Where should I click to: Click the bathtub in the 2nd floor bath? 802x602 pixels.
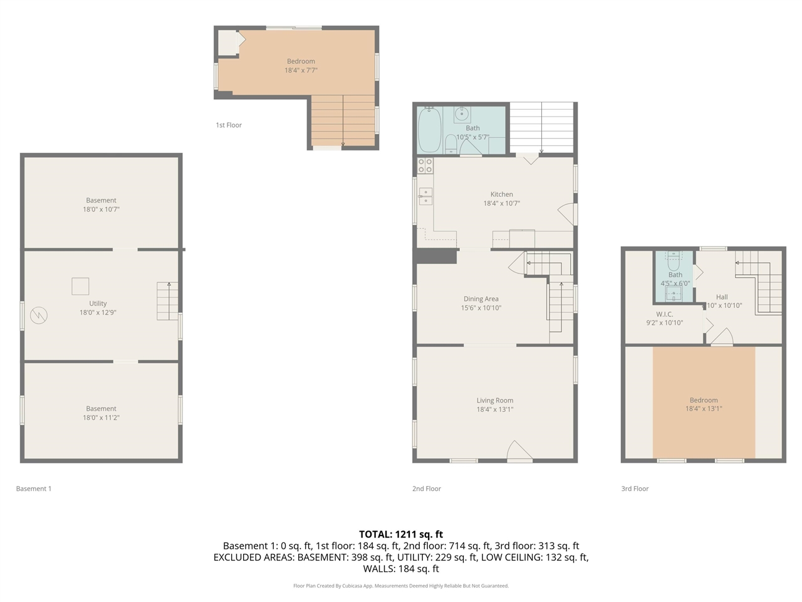point(429,130)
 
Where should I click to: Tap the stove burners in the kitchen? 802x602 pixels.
point(425,166)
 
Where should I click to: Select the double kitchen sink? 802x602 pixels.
point(425,196)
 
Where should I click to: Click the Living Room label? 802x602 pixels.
point(494,400)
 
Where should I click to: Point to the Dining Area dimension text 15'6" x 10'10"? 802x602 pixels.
point(481,308)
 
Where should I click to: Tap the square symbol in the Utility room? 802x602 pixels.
point(80,286)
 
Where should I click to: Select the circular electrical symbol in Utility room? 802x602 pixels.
point(39,315)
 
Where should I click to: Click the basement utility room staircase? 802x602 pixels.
point(167,301)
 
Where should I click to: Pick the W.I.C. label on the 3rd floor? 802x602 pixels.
point(664,314)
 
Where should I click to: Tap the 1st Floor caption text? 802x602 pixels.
point(229,125)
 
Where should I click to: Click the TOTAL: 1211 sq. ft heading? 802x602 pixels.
point(401,534)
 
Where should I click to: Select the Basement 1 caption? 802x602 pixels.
point(34,488)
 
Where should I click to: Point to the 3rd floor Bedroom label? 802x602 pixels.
point(704,400)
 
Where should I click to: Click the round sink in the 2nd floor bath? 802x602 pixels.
point(462,114)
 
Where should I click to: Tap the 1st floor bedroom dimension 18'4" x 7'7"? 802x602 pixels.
point(301,70)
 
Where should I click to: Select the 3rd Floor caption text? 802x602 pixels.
point(635,488)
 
